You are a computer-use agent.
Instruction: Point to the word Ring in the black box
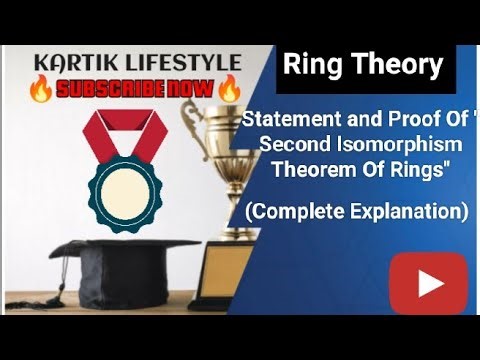(x=310, y=66)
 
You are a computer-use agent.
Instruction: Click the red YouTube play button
(x=428, y=283)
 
